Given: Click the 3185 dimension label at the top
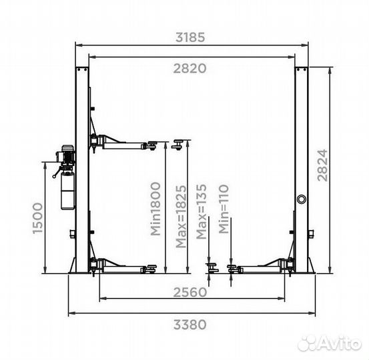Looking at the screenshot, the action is click(190, 37).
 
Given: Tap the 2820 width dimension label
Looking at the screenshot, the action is click(190, 69).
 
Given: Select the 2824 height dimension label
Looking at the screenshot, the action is click(322, 165).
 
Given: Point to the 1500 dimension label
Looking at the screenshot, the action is click(37, 219).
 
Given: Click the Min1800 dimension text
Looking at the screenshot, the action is click(155, 209).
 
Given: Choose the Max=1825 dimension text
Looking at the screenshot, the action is click(181, 217).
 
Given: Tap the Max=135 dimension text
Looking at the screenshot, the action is click(202, 211).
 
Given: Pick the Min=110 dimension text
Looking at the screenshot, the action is click(224, 209).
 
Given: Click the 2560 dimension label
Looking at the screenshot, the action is click(190, 293).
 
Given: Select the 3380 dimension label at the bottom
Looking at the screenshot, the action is click(190, 325).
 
